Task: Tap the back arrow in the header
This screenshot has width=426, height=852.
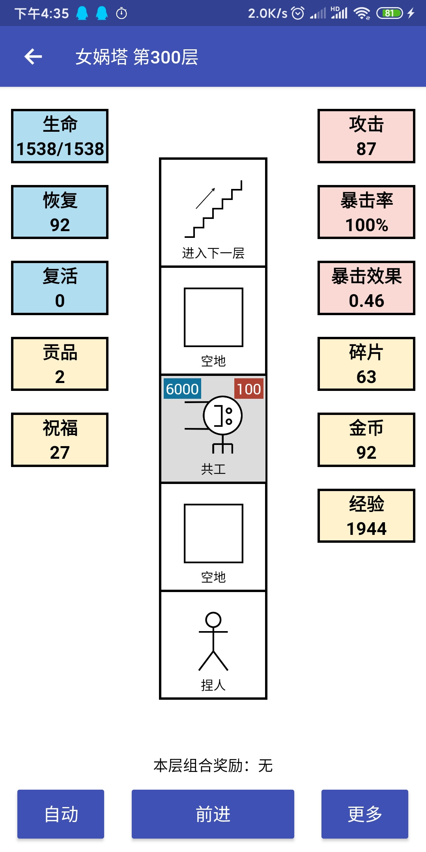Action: [33, 57]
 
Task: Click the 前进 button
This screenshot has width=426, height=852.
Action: [213, 814]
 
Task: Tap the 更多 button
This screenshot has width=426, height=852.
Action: [365, 814]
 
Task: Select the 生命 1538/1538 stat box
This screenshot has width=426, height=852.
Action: [60, 136]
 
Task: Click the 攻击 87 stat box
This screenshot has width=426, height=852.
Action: [366, 136]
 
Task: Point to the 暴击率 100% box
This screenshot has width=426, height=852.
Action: [366, 212]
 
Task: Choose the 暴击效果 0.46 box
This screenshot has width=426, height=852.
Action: [366, 288]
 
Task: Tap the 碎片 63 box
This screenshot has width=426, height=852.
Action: [366, 364]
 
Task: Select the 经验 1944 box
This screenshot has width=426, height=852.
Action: [366, 516]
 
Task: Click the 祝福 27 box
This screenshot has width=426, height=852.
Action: [60, 440]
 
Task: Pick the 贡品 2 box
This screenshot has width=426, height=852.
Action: [60, 364]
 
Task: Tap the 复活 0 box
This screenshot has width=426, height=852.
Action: [60, 288]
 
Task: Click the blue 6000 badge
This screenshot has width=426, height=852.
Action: [182, 389]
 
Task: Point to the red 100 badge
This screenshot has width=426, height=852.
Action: [249, 389]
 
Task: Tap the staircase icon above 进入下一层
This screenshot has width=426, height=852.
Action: [213, 209]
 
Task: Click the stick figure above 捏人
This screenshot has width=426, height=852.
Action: [213, 641]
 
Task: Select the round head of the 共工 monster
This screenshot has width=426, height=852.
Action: [223, 416]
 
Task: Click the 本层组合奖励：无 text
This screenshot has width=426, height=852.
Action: [213, 766]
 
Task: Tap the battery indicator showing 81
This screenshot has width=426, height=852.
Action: [390, 13]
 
